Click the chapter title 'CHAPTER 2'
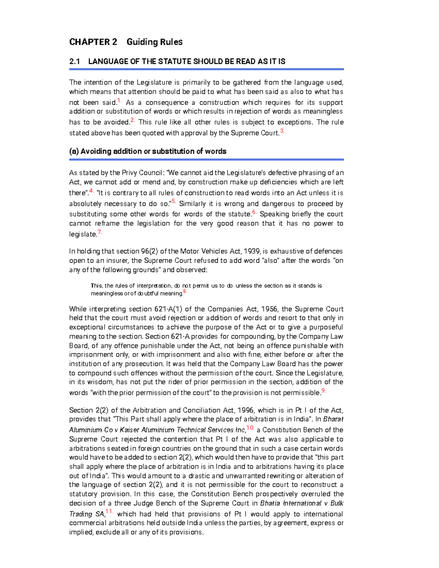point(93,42)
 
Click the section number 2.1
point(74,61)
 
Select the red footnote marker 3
point(282,131)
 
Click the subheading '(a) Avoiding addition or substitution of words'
point(147,151)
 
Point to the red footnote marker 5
point(173,202)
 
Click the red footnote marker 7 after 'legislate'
point(100,232)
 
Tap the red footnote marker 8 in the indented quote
point(185,291)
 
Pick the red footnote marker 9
point(323,391)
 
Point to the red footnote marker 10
point(250,428)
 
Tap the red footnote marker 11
point(109,512)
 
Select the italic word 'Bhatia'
point(272,503)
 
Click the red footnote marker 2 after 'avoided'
point(132,120)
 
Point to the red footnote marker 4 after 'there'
point(91,191)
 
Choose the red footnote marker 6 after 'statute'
point(254,212)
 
